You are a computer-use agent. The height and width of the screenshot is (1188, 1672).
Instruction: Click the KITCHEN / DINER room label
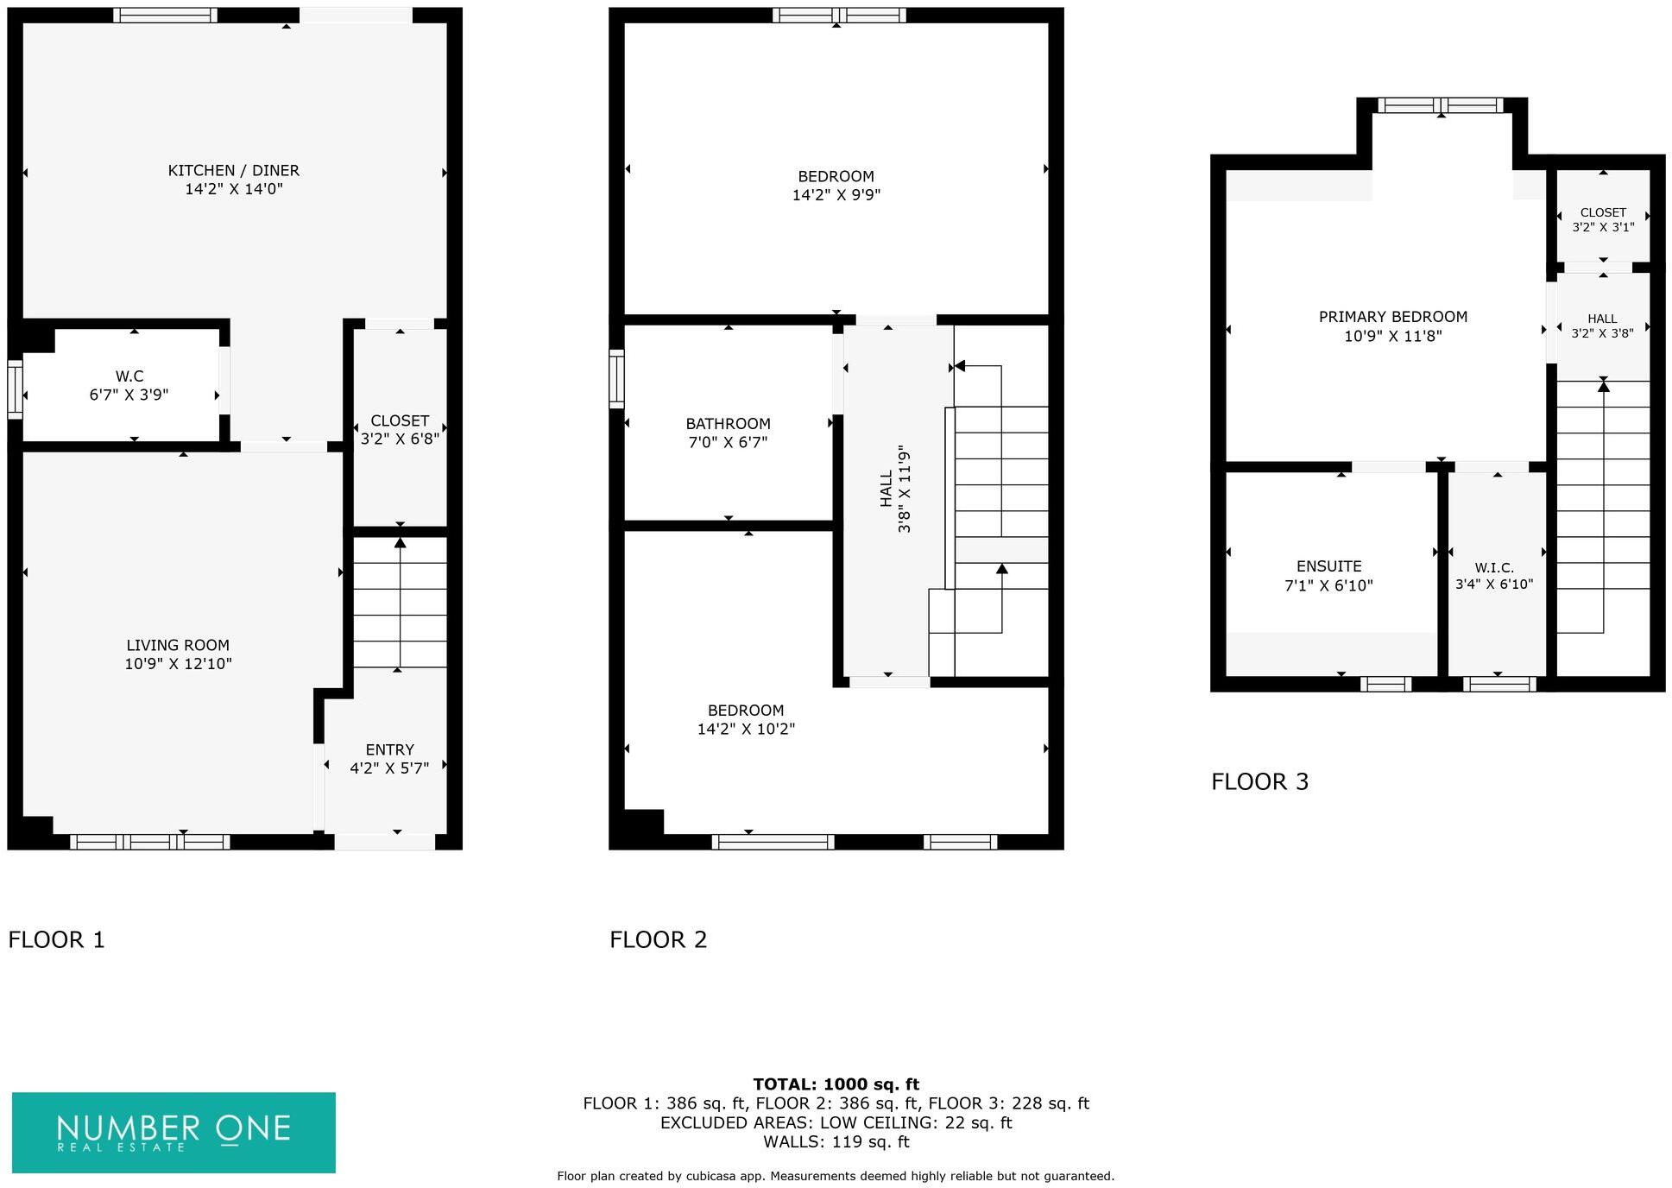[x=233, y=171]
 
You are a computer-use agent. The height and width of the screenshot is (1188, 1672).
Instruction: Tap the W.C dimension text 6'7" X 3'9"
[x=129, y=395]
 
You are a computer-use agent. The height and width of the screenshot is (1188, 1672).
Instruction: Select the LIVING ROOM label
[x=178, y=645]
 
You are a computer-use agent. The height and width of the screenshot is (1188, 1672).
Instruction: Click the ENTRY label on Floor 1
[x=389, y=749]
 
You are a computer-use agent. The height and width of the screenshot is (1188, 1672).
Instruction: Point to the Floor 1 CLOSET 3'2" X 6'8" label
[x=400, y=429]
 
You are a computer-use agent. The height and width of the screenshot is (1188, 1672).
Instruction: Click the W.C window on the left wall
[x=15, y=389]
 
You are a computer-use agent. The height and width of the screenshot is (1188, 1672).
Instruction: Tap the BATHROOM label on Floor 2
[x=728, y=424]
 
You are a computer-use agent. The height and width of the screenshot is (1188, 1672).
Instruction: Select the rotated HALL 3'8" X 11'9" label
[x=894, y=489]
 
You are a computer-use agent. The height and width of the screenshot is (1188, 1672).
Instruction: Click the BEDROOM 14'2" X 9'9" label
[x=836, y=186]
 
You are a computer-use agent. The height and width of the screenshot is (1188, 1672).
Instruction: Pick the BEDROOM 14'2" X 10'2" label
[x=746, y=719]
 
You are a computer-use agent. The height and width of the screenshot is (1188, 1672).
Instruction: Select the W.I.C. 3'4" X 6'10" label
[x=1494, y=576]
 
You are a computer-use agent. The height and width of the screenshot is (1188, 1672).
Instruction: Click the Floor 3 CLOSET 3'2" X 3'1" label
[x=1603, y=219]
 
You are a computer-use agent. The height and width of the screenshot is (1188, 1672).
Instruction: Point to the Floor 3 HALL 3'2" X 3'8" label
[x=1602, y=325]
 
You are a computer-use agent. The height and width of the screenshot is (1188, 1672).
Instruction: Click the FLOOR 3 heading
[x=1259, y=781]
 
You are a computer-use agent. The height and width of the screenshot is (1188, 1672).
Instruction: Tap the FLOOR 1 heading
[x=56, y=939]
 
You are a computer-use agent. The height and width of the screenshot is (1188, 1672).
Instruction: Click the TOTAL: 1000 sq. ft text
[x=836, y=1084]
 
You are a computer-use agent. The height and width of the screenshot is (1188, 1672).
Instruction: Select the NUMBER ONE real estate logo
[x=174, y=1132]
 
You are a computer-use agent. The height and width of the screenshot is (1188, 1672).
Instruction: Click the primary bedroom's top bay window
[x=1441, y=105]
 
